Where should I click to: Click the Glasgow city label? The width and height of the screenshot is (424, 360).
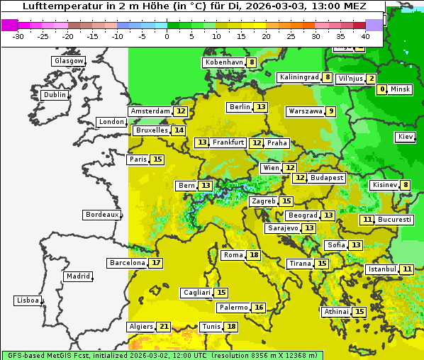[x=69, y=61]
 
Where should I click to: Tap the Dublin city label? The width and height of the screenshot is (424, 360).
[x=55, y=95]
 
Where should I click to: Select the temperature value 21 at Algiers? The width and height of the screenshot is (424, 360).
[x=164, y=327]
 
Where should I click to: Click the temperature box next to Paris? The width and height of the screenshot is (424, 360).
[x=157, y=159]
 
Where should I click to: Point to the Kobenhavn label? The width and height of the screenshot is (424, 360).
[x=223, y=62]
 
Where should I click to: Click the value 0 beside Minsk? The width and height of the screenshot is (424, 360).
[x=383, y=89]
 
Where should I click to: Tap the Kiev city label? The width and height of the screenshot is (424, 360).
[x=406, y=137]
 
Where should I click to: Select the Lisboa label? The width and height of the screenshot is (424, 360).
[x=28, y=300]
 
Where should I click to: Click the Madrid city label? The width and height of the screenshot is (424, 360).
[x=77, y=276]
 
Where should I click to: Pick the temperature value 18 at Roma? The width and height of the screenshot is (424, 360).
[x=254, y=255]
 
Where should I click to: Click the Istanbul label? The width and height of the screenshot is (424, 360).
[x=381, y=269]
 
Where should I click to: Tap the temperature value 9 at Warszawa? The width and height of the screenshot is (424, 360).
[x=330, y=111]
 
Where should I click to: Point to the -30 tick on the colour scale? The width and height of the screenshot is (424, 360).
[x=18, y=35]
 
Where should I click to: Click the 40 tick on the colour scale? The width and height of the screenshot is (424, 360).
[x=365, y=35]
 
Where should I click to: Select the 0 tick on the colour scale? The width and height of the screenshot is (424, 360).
[x=167, y=35]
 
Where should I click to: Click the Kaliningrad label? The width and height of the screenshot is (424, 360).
[x=299, y=77]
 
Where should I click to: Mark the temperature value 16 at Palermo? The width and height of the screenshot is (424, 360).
[x=259, y=308]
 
